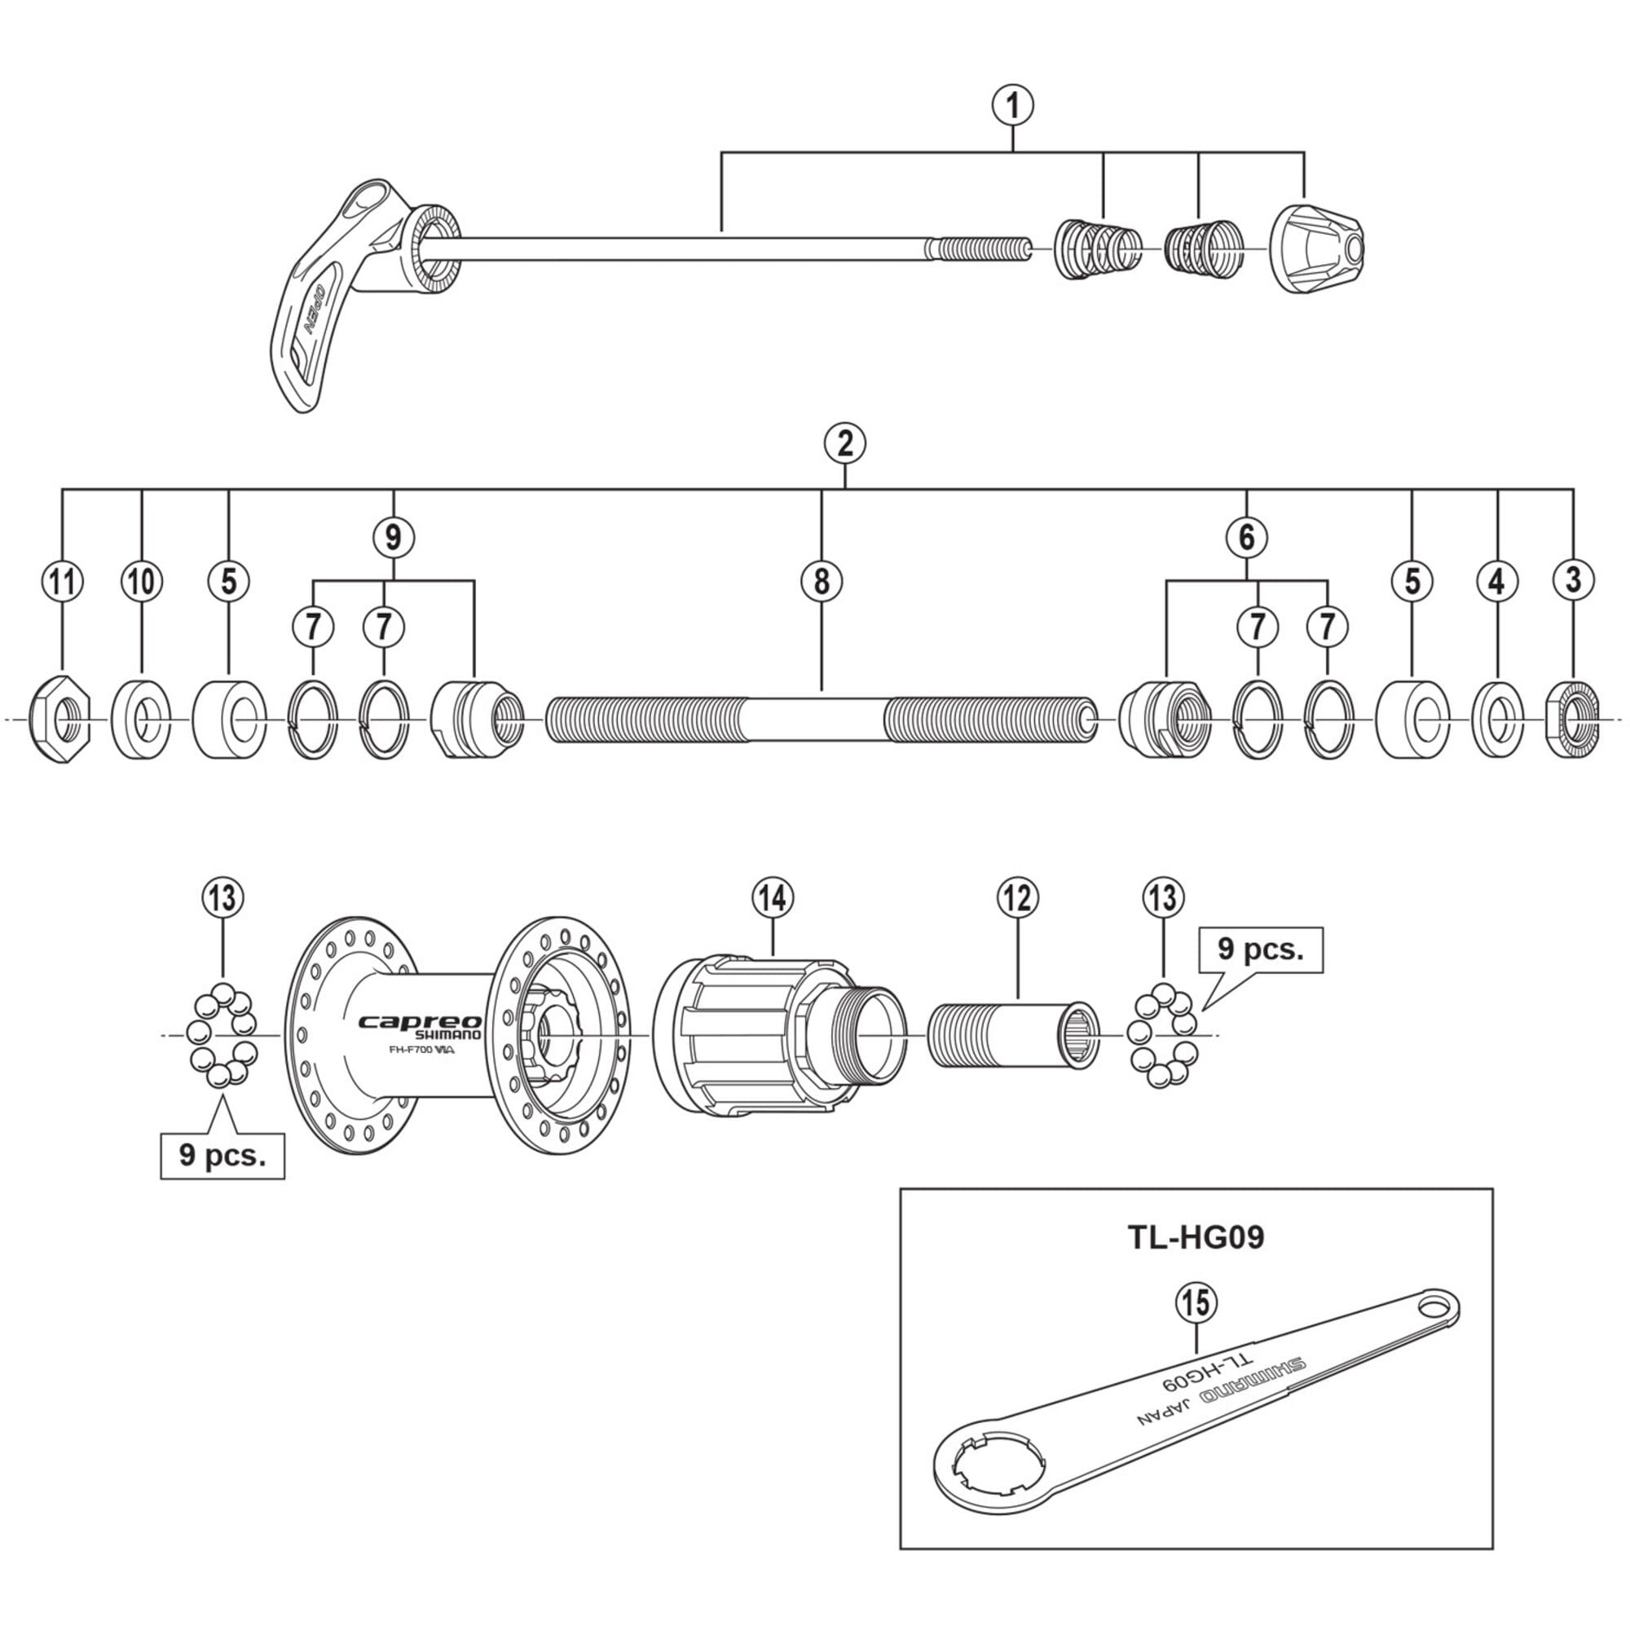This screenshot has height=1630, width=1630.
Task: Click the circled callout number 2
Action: [845, 443]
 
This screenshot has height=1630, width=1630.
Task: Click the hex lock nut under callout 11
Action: [61, 720]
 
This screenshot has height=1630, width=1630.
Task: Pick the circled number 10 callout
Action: [142, 581]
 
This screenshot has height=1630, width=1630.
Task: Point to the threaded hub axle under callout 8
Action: [822, 720]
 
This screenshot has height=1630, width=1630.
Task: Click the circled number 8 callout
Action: [822, 581]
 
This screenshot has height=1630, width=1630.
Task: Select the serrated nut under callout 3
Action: [1573, 720]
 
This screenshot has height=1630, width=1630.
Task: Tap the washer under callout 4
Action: [1497, 720]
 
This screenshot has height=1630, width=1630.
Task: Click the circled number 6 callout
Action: [1247, 536]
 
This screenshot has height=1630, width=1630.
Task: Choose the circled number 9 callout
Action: [393, 536]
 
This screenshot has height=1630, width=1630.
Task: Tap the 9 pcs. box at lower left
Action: [222, 1155]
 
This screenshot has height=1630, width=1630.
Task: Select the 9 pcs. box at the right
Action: [1261, 949]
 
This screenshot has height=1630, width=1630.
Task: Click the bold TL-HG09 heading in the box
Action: [1196, 1238]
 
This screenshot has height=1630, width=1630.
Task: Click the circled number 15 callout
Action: [1196, 1302]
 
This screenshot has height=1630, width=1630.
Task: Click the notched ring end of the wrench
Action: [993, 1468]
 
